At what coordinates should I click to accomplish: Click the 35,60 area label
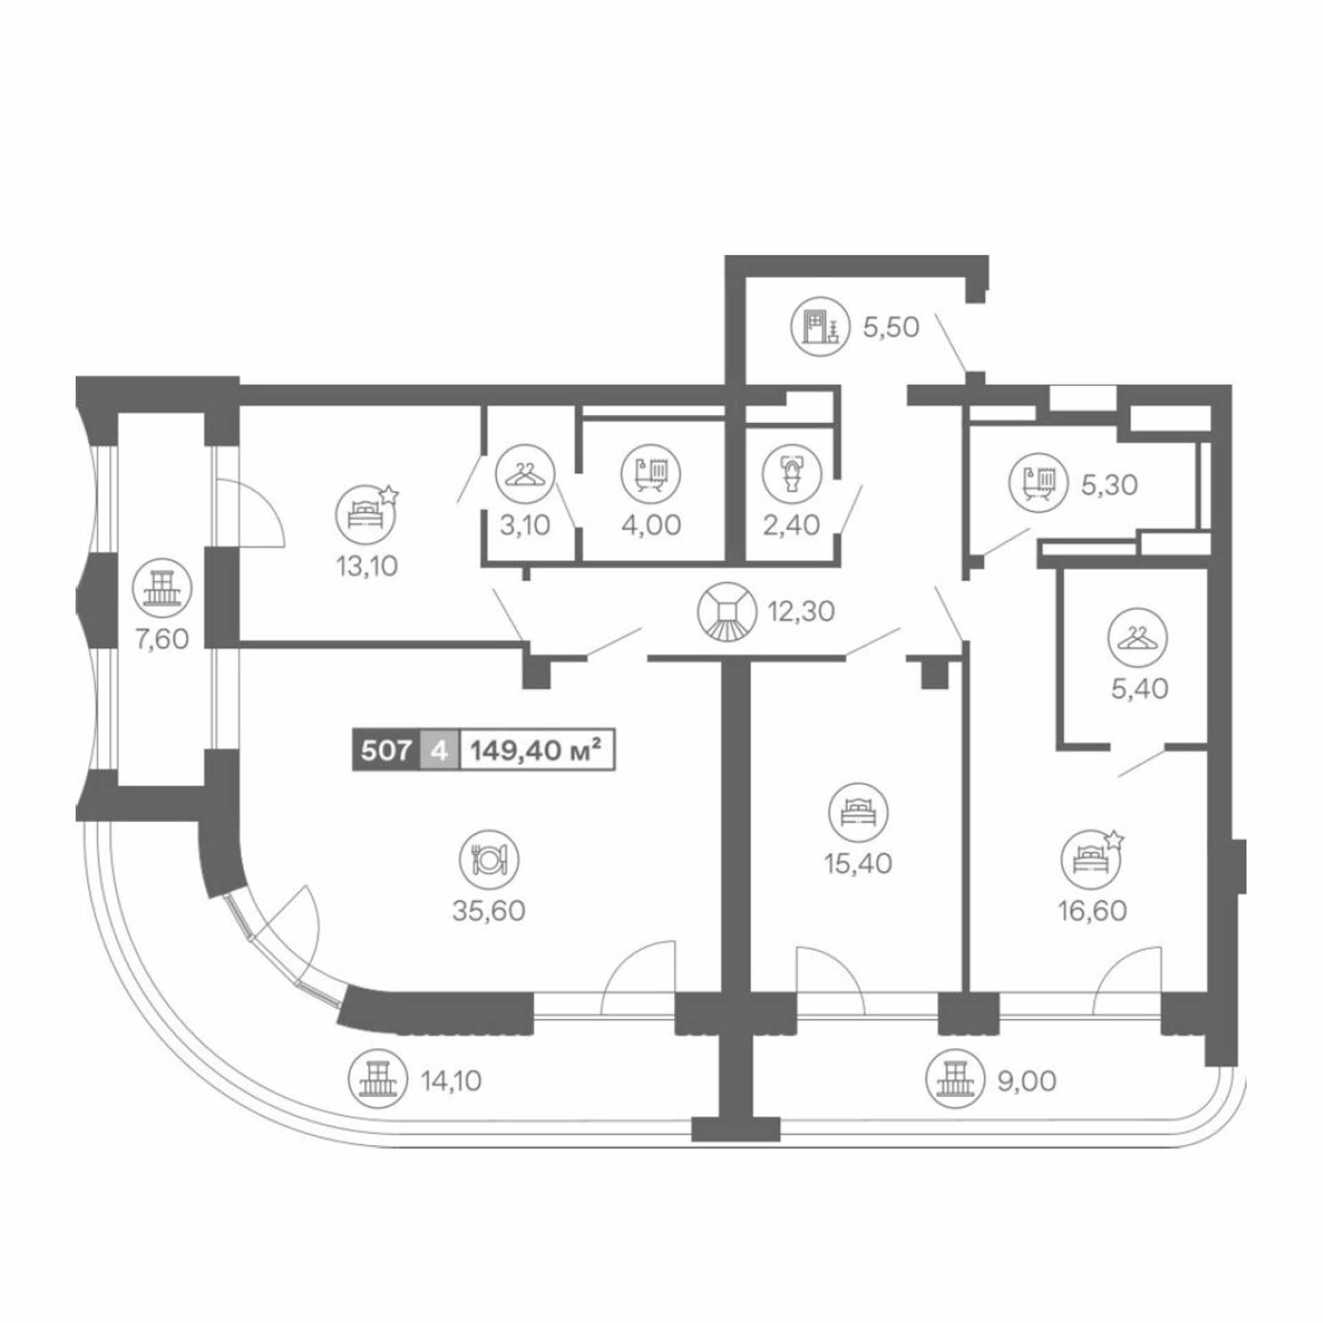coord(489,911)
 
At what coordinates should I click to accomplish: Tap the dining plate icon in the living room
coord(489,859)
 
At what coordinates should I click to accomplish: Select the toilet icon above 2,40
coord(792,473)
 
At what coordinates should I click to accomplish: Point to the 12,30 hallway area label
coord(803,611)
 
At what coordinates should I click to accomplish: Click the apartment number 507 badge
coord(386,750)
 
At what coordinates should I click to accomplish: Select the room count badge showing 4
coord(439,750)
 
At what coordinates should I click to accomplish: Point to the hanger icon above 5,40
coord(1138,637)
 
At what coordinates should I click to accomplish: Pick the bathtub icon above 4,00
coord(650,473)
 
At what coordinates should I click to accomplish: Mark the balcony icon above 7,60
coord(163,587)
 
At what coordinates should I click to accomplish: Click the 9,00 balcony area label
coord(1026,1081)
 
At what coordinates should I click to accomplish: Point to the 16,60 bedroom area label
coord(1093,911)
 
